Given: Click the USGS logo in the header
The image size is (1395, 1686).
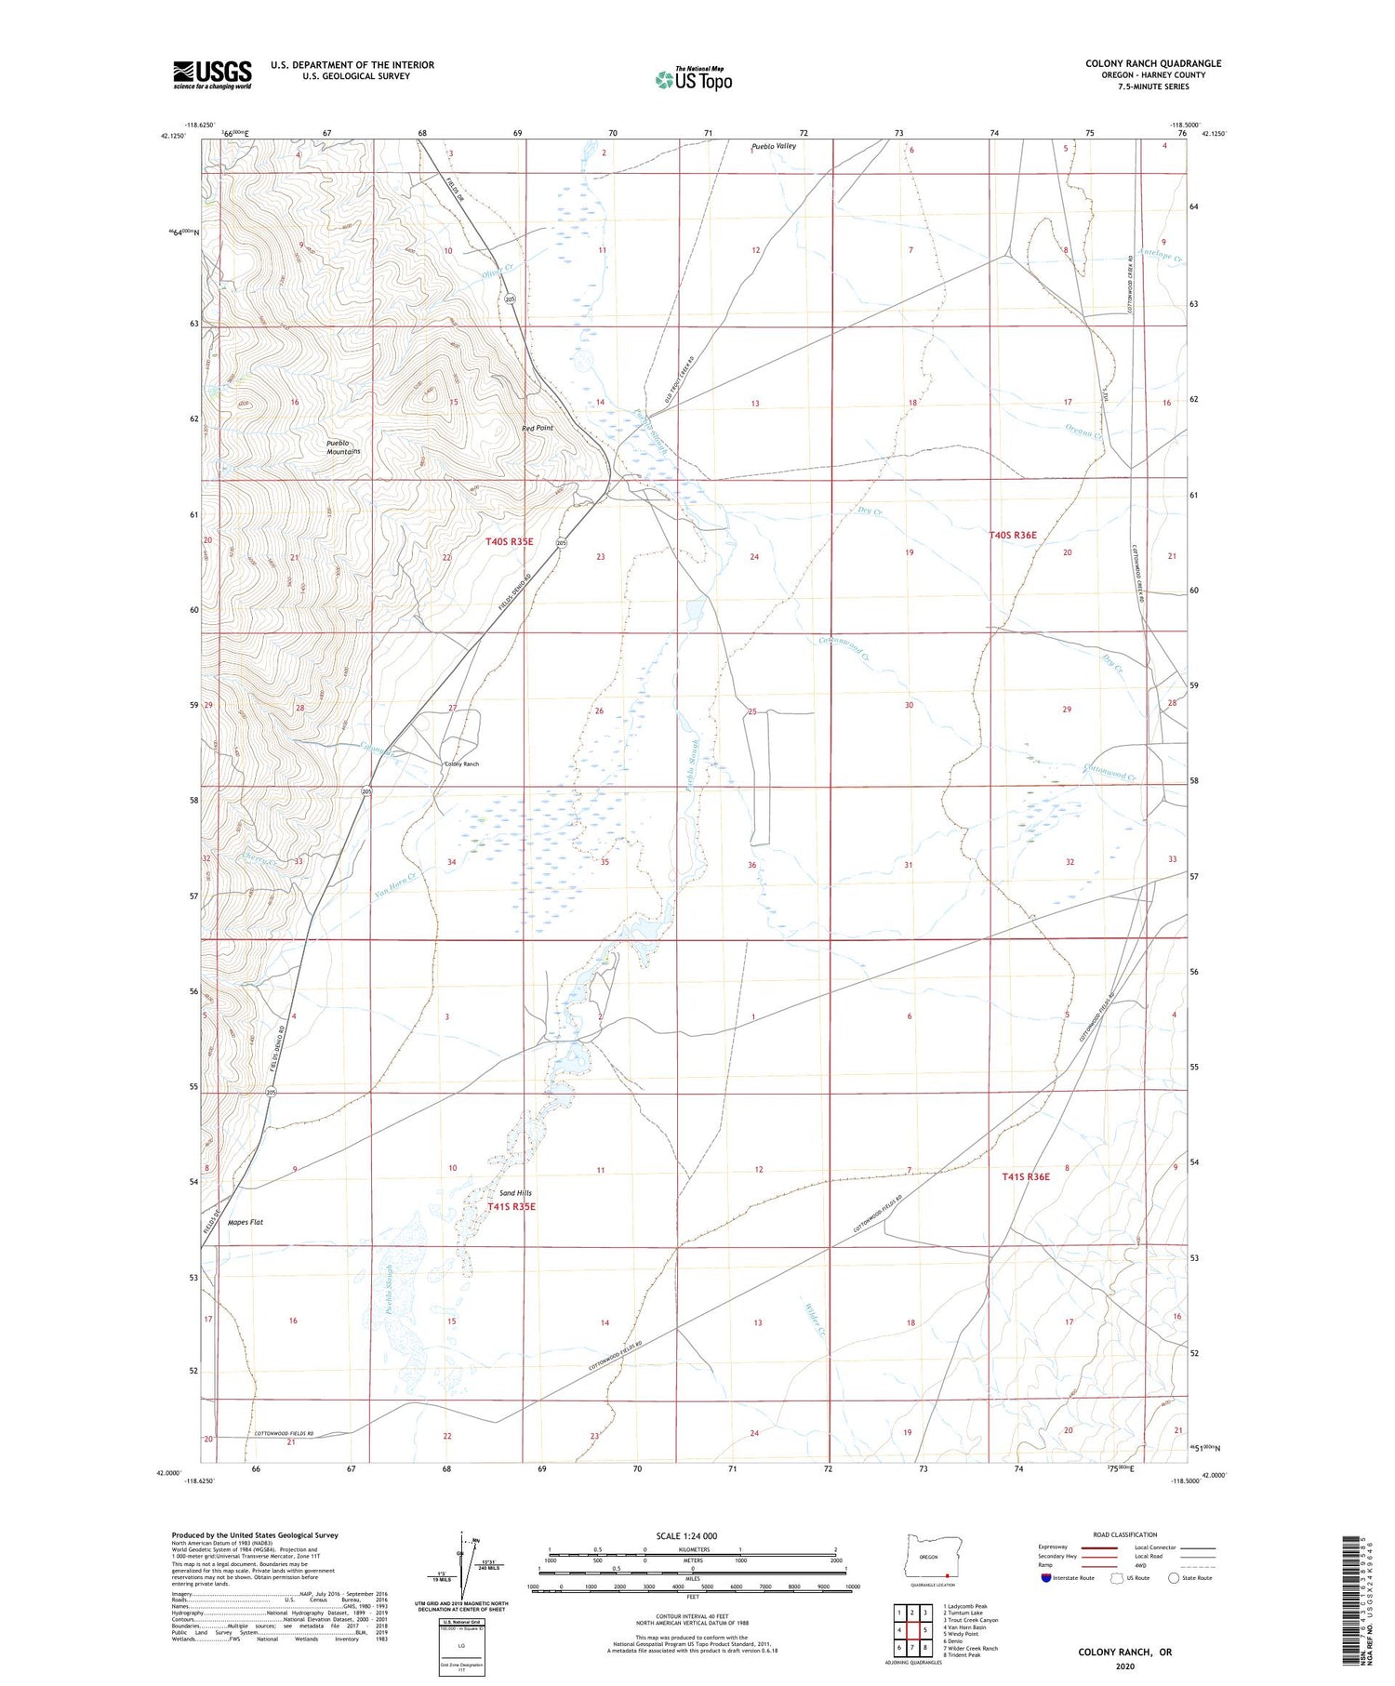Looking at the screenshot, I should pos(212,74).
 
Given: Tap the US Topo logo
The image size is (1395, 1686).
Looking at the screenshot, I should pos(693,80).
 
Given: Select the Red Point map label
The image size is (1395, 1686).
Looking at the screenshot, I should pos(538,428).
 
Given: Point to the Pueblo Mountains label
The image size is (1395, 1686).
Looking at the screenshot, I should pos(342,446).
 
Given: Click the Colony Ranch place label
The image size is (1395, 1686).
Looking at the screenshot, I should pos(461,763).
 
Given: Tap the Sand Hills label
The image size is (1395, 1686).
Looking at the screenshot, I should pos(516,1192).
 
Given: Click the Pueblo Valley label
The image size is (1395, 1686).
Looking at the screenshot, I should pos(774,146).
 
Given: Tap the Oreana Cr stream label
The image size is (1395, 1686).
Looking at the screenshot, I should pos(1083,431).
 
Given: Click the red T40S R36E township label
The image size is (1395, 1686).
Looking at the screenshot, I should pos(1012,535).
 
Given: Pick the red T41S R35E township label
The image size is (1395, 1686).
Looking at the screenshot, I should pos(511,1207).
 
